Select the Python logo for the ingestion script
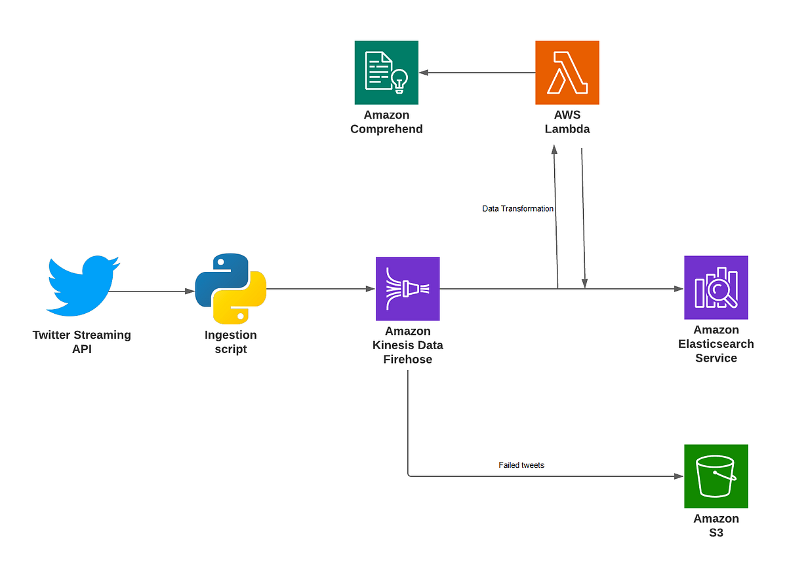(230, 288)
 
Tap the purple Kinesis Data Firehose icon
(407, 288)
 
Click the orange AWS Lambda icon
(567, 72)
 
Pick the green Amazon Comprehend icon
(386, 72)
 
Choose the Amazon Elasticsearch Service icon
(716, 288)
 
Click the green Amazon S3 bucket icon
(716, 476)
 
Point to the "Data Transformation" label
(518, 208)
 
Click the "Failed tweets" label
(521, 465)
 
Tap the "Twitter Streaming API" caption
(82, 342)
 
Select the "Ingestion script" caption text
(230, 342)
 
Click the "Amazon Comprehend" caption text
(386, 122)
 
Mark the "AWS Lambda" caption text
(567, 122)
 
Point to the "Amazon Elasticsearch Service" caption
(716, 344)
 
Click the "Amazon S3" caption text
(716, 525)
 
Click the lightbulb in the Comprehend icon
(399, 80)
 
